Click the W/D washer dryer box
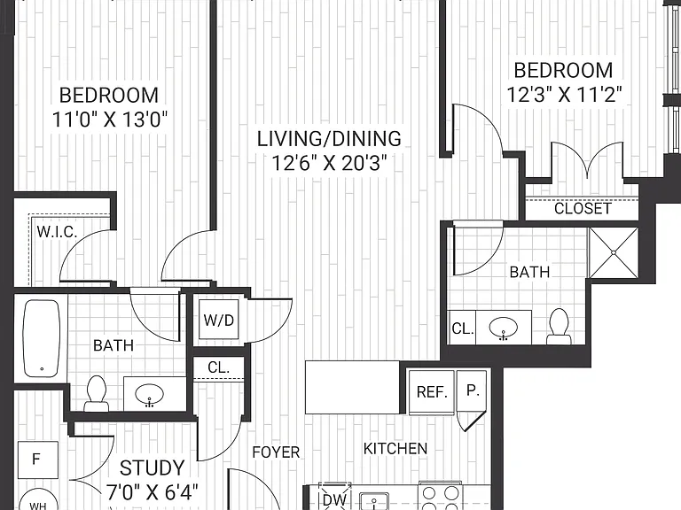[x=218, y=320]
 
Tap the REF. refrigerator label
[x=432, y=392]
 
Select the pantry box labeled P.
[x=471, y=391]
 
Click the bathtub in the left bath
[x=42, y=338]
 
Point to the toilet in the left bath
[x=97, y=393]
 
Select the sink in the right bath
[x=504, y=328]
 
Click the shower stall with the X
[x=614, y=252]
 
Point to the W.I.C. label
[x=57, y=232]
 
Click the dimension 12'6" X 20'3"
[x=329, y=164]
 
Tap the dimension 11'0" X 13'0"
[x=109, y=120]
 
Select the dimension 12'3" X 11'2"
[x=564, y=94]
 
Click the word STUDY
[x=152, y=467]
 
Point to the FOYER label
[x=277, y=452]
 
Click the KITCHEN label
[x=395, y=448]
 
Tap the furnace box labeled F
[x=38, y=460]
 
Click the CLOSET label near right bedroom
[x=583, y=209]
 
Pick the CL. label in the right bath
[x=462, y=328]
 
